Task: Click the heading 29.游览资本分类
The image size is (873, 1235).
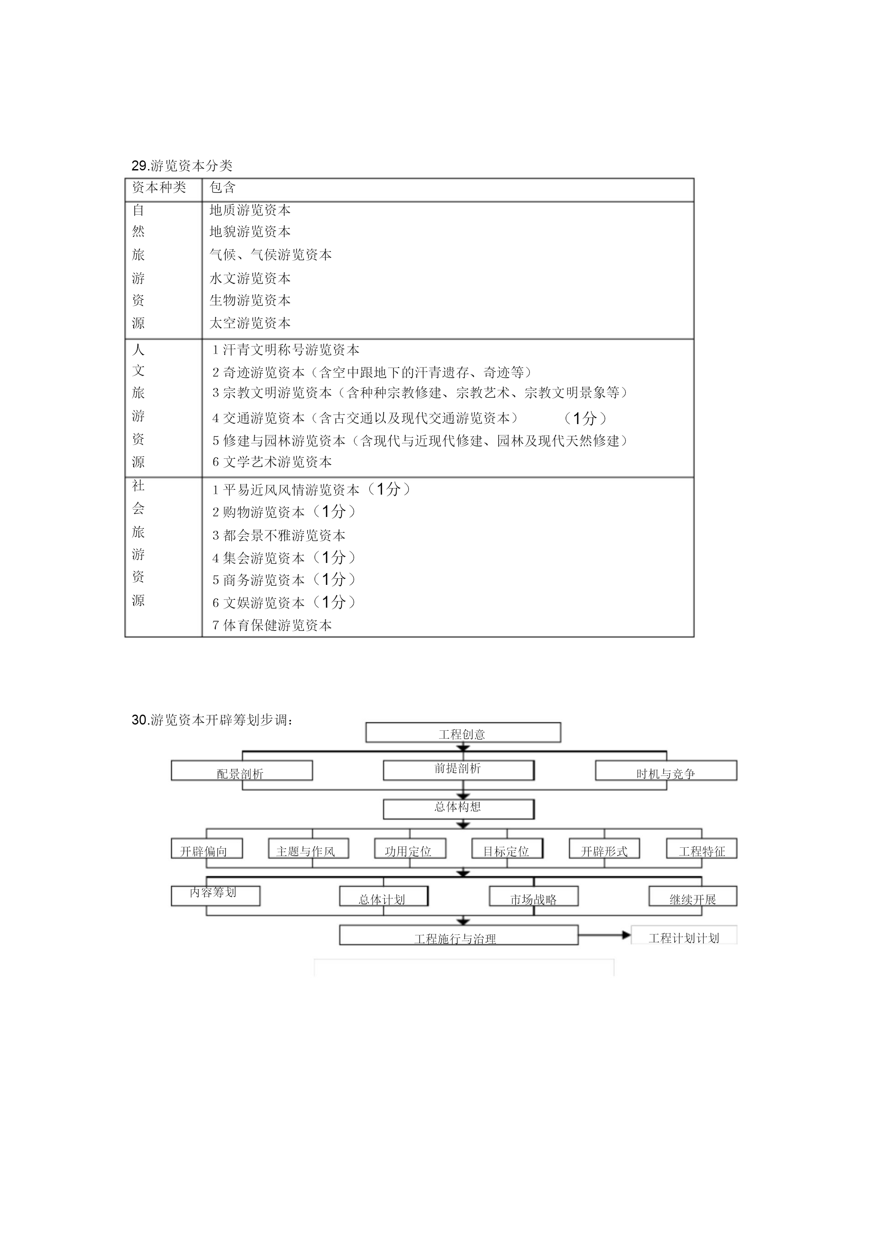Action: click(182, 165)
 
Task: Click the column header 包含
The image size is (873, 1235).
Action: click(223, 187)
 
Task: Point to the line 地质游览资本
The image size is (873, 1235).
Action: click(250, 210)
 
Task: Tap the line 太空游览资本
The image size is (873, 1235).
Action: click(250, 323)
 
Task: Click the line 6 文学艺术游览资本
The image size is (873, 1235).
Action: click(272, 462)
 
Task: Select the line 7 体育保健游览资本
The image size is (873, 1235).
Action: click(272, 625)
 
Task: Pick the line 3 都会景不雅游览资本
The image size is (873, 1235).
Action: click(278, 535)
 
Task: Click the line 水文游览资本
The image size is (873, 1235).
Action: click(250, 278)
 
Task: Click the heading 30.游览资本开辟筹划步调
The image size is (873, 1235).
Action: click(213, 720)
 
